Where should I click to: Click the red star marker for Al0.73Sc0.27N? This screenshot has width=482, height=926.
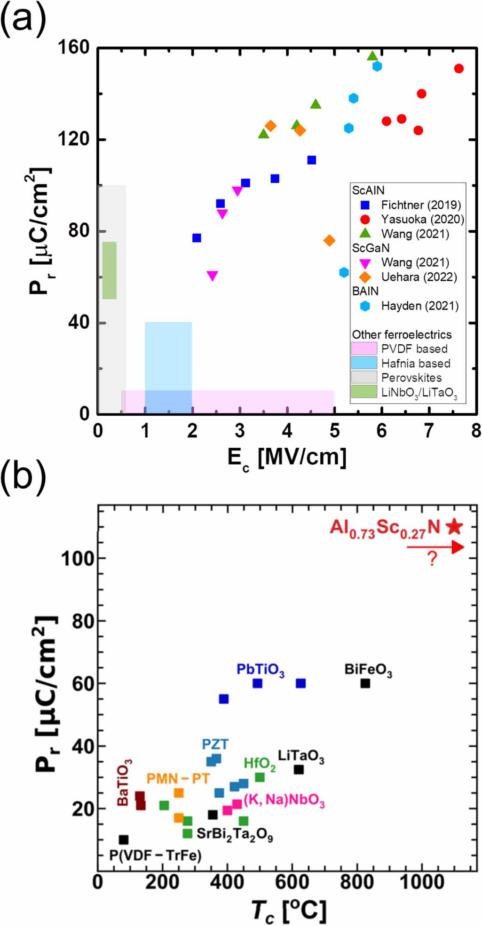(x=454, y=527)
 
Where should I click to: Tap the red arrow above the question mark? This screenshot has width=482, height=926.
(x=435, y=547)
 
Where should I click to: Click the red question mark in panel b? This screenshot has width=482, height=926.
(x=432, y=559)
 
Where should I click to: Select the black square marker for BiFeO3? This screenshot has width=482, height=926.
(x=365, y=683)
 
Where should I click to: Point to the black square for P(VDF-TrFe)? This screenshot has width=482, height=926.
(x=124, y=839)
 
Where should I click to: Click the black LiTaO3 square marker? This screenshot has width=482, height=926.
(x=299, y=769)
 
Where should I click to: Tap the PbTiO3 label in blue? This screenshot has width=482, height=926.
(x=260, y=670)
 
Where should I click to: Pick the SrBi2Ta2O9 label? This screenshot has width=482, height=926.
(x=234, y=834)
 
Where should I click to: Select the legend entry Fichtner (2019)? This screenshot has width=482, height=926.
(x=420, y=205)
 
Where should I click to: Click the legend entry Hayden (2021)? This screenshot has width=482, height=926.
(x=419, y=306)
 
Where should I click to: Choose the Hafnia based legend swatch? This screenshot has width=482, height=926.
(x=364, y=363)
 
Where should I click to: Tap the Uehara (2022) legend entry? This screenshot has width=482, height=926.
(x=419, y=277)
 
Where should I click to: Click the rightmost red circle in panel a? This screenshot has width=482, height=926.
(x=459, y=69)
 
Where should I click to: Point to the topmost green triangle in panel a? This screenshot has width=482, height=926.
(x=372, y=56)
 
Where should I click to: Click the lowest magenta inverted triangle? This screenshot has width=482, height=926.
(x=213, y=276)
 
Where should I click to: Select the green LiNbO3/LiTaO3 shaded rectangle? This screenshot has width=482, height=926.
(x=110, y=270)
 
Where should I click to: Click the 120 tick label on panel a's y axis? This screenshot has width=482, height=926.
(x=73, y=139)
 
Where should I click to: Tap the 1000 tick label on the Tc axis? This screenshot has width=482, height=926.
(x=421, y=881)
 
